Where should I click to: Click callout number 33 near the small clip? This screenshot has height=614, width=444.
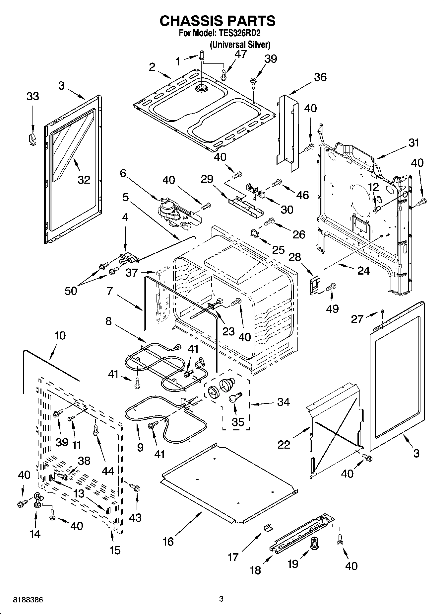click(x=32, y=97)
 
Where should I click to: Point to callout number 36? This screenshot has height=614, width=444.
click(x=320, y=77)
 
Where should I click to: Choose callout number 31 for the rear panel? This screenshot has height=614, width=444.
click(x=413, y=143)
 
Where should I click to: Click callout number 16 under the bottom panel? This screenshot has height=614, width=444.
click(x=168, y=542)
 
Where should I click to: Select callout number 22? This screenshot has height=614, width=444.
click(x=284, y=445)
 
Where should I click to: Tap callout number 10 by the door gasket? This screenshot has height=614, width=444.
click(x=60, y=335)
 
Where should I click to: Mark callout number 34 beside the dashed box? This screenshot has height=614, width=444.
click(x=284, y=402)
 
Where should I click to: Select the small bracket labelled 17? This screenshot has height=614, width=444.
click(x=268, y=527)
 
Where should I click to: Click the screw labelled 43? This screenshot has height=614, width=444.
click(x=135, y=487)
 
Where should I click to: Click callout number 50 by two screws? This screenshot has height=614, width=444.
click(x=71, y=291)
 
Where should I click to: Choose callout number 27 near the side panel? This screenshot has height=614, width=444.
click(x=357, y=319)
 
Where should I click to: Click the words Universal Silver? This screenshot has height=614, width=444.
click(x=239, y=44)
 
